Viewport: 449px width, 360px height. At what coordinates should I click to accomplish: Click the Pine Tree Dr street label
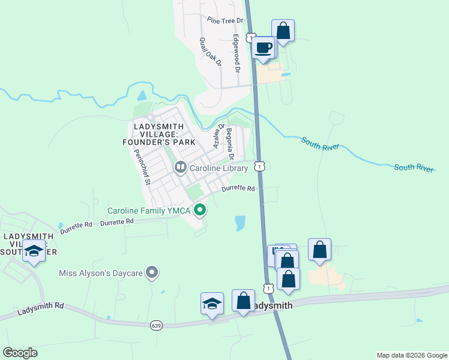pos(224,20)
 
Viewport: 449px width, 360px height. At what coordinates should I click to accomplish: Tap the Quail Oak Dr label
pos(211,52)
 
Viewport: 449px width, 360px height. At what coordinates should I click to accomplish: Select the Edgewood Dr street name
pos(237,53)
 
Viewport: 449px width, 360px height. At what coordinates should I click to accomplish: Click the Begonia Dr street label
pos(229,144)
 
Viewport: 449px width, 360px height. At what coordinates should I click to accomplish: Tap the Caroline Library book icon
pos(180,167)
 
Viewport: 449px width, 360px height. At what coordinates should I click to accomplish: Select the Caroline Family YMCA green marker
pos(200,210)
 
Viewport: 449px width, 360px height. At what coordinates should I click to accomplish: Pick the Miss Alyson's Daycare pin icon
pos(152,273)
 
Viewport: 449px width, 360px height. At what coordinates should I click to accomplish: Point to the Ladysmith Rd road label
pos(40,309)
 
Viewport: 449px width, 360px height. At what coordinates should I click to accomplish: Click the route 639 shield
pos(156,325)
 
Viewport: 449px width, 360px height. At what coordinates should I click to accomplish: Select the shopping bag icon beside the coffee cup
pos(283,30)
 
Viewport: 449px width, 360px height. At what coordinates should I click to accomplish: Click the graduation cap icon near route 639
pos(212,304)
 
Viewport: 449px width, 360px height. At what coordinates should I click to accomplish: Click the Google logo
pos(20,353)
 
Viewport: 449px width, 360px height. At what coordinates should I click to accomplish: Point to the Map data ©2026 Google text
pos(411,355)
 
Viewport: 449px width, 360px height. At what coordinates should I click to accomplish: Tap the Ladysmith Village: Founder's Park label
pos(164,134)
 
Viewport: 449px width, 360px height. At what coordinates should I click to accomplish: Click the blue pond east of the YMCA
pos(241,223)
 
